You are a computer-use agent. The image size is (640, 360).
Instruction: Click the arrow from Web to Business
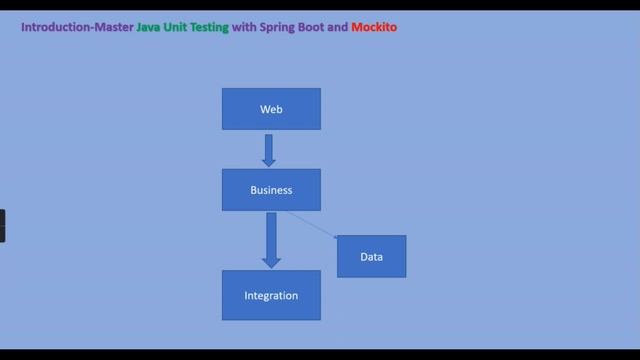pyautogui.click(x=269, y=151)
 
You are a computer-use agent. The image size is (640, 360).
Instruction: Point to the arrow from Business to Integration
pyautogui.click(x=271, y=240)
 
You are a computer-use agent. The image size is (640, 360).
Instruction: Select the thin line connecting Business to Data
pyautogui.click(x=312, y=225)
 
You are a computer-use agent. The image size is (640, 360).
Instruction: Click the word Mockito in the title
pyautogui.click(x=374, y=27)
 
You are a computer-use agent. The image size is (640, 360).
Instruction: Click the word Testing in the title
pyautogui.click(x=211, y=27)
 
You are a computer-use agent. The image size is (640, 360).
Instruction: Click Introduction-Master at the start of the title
pyautogui.click(x=77, y=27)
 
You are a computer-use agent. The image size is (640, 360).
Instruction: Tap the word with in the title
pyautogui.click(x=243, y=27)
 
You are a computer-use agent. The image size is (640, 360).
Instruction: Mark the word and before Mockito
pyautogui.click(x=338, y=27)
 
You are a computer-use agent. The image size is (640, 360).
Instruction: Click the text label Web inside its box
pyautogui.click(x=271, y=109)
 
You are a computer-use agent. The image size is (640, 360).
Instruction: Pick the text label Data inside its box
pyautogui.click(x=371, y=257)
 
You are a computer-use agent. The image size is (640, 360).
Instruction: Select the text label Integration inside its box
pyautogui.click(x=271, y=296)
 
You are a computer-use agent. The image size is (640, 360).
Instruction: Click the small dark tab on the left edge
pyautogui.click(x=2, y=225)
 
